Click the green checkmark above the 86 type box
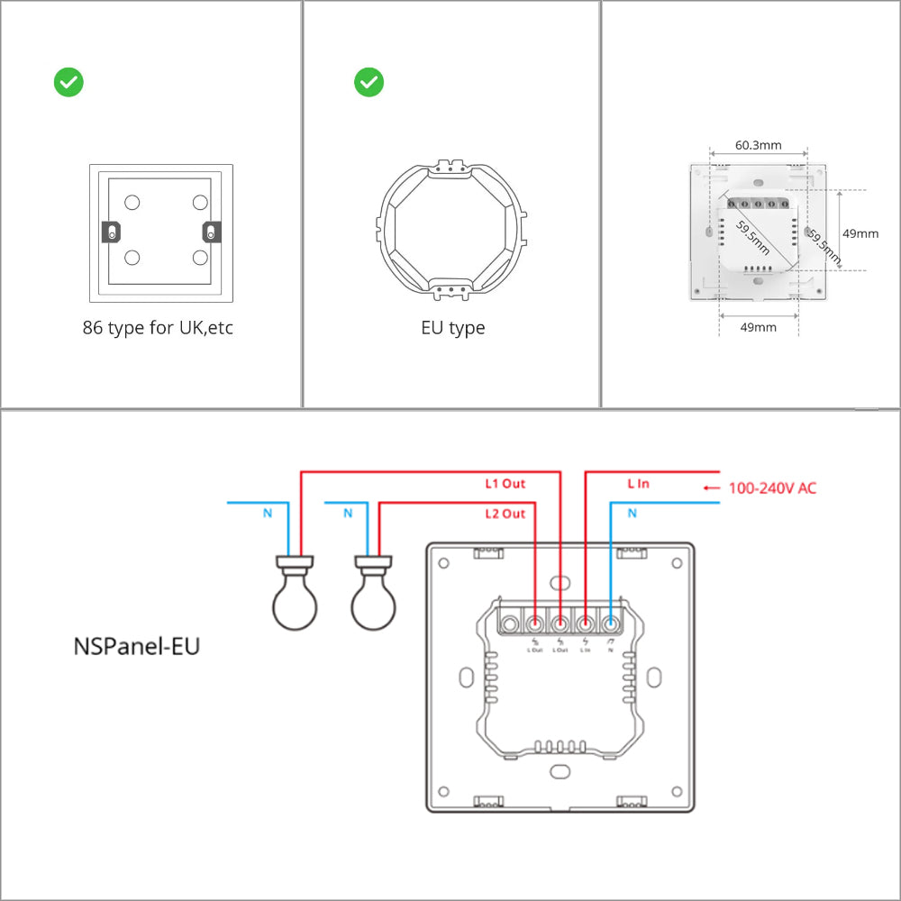pyautogui.click(x=68, y=83)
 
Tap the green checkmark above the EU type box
pyautogui.click(x=369, y=83)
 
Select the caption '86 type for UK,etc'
pyautogui.click(x=158, y=328)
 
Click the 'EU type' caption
pyautogui.click(x=452, y=328)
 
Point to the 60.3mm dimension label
pyautogui.click(x=758, y=144)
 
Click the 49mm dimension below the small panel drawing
pyautogui.click(x=758, y=327)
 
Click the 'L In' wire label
pyautogui.click(x=637, y=484)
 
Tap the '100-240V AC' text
pyautogui.click(x=772, y=488)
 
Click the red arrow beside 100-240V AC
pyautogui.click(x=712, y=488)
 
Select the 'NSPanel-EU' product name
pyautogui.click(x=136, y=646)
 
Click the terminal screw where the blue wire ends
pyautogui.click(x=611, y=623)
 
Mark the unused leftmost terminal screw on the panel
pyautogui.click(x=510, y=623)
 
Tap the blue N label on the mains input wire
pyautogui.click(x=632, y=514)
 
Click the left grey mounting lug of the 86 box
pyautogui.click(x=110, y=232)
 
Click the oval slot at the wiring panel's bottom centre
pyautogui.click(x=560, y=771)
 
